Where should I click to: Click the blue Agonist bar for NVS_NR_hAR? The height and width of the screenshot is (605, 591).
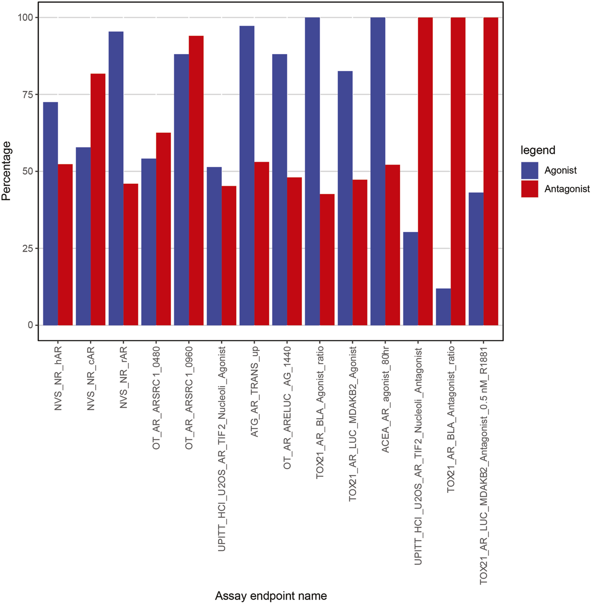(50, 214)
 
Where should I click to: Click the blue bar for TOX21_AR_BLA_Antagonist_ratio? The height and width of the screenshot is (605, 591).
(443, 307)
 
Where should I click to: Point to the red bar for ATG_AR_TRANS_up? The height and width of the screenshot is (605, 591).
(262, 244)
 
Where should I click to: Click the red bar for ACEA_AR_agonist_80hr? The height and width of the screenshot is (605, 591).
(392, 245)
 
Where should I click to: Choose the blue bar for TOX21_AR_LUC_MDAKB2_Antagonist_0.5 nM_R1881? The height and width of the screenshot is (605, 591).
(476, 259)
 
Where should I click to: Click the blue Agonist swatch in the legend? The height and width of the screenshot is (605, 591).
(530, 170)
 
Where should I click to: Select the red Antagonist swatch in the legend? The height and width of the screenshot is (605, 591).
(530, 189)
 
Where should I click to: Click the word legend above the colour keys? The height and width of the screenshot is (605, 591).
(538, 150)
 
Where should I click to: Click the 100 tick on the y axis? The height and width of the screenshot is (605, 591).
(25, 17)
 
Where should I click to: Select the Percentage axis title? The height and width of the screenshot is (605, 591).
(6, 171)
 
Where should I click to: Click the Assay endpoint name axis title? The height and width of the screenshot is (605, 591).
(271, 596)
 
